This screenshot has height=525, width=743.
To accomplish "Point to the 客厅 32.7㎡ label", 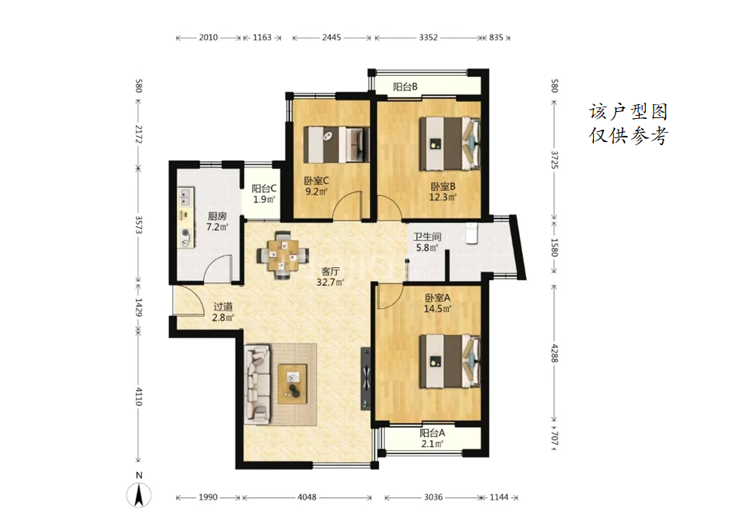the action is tap(331, 276).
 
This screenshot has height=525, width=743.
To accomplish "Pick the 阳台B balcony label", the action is tap(405, 86).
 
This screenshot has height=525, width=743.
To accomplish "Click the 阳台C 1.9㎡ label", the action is tap(264, 194).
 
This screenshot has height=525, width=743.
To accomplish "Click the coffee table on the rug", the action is tap(292, 384).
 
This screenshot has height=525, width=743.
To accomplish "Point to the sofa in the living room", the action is tap(257, 384).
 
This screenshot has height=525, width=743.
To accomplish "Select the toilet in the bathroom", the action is tap(471, 233).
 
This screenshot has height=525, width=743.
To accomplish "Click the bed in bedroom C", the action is tap(337, 145).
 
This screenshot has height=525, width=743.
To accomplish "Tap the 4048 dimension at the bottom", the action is tap(307, 497).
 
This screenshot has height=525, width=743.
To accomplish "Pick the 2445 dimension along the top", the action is tap(331, 37).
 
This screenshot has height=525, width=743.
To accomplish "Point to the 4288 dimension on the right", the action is tap(554, 353).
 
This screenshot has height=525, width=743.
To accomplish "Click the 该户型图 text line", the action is tap(629, 112).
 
